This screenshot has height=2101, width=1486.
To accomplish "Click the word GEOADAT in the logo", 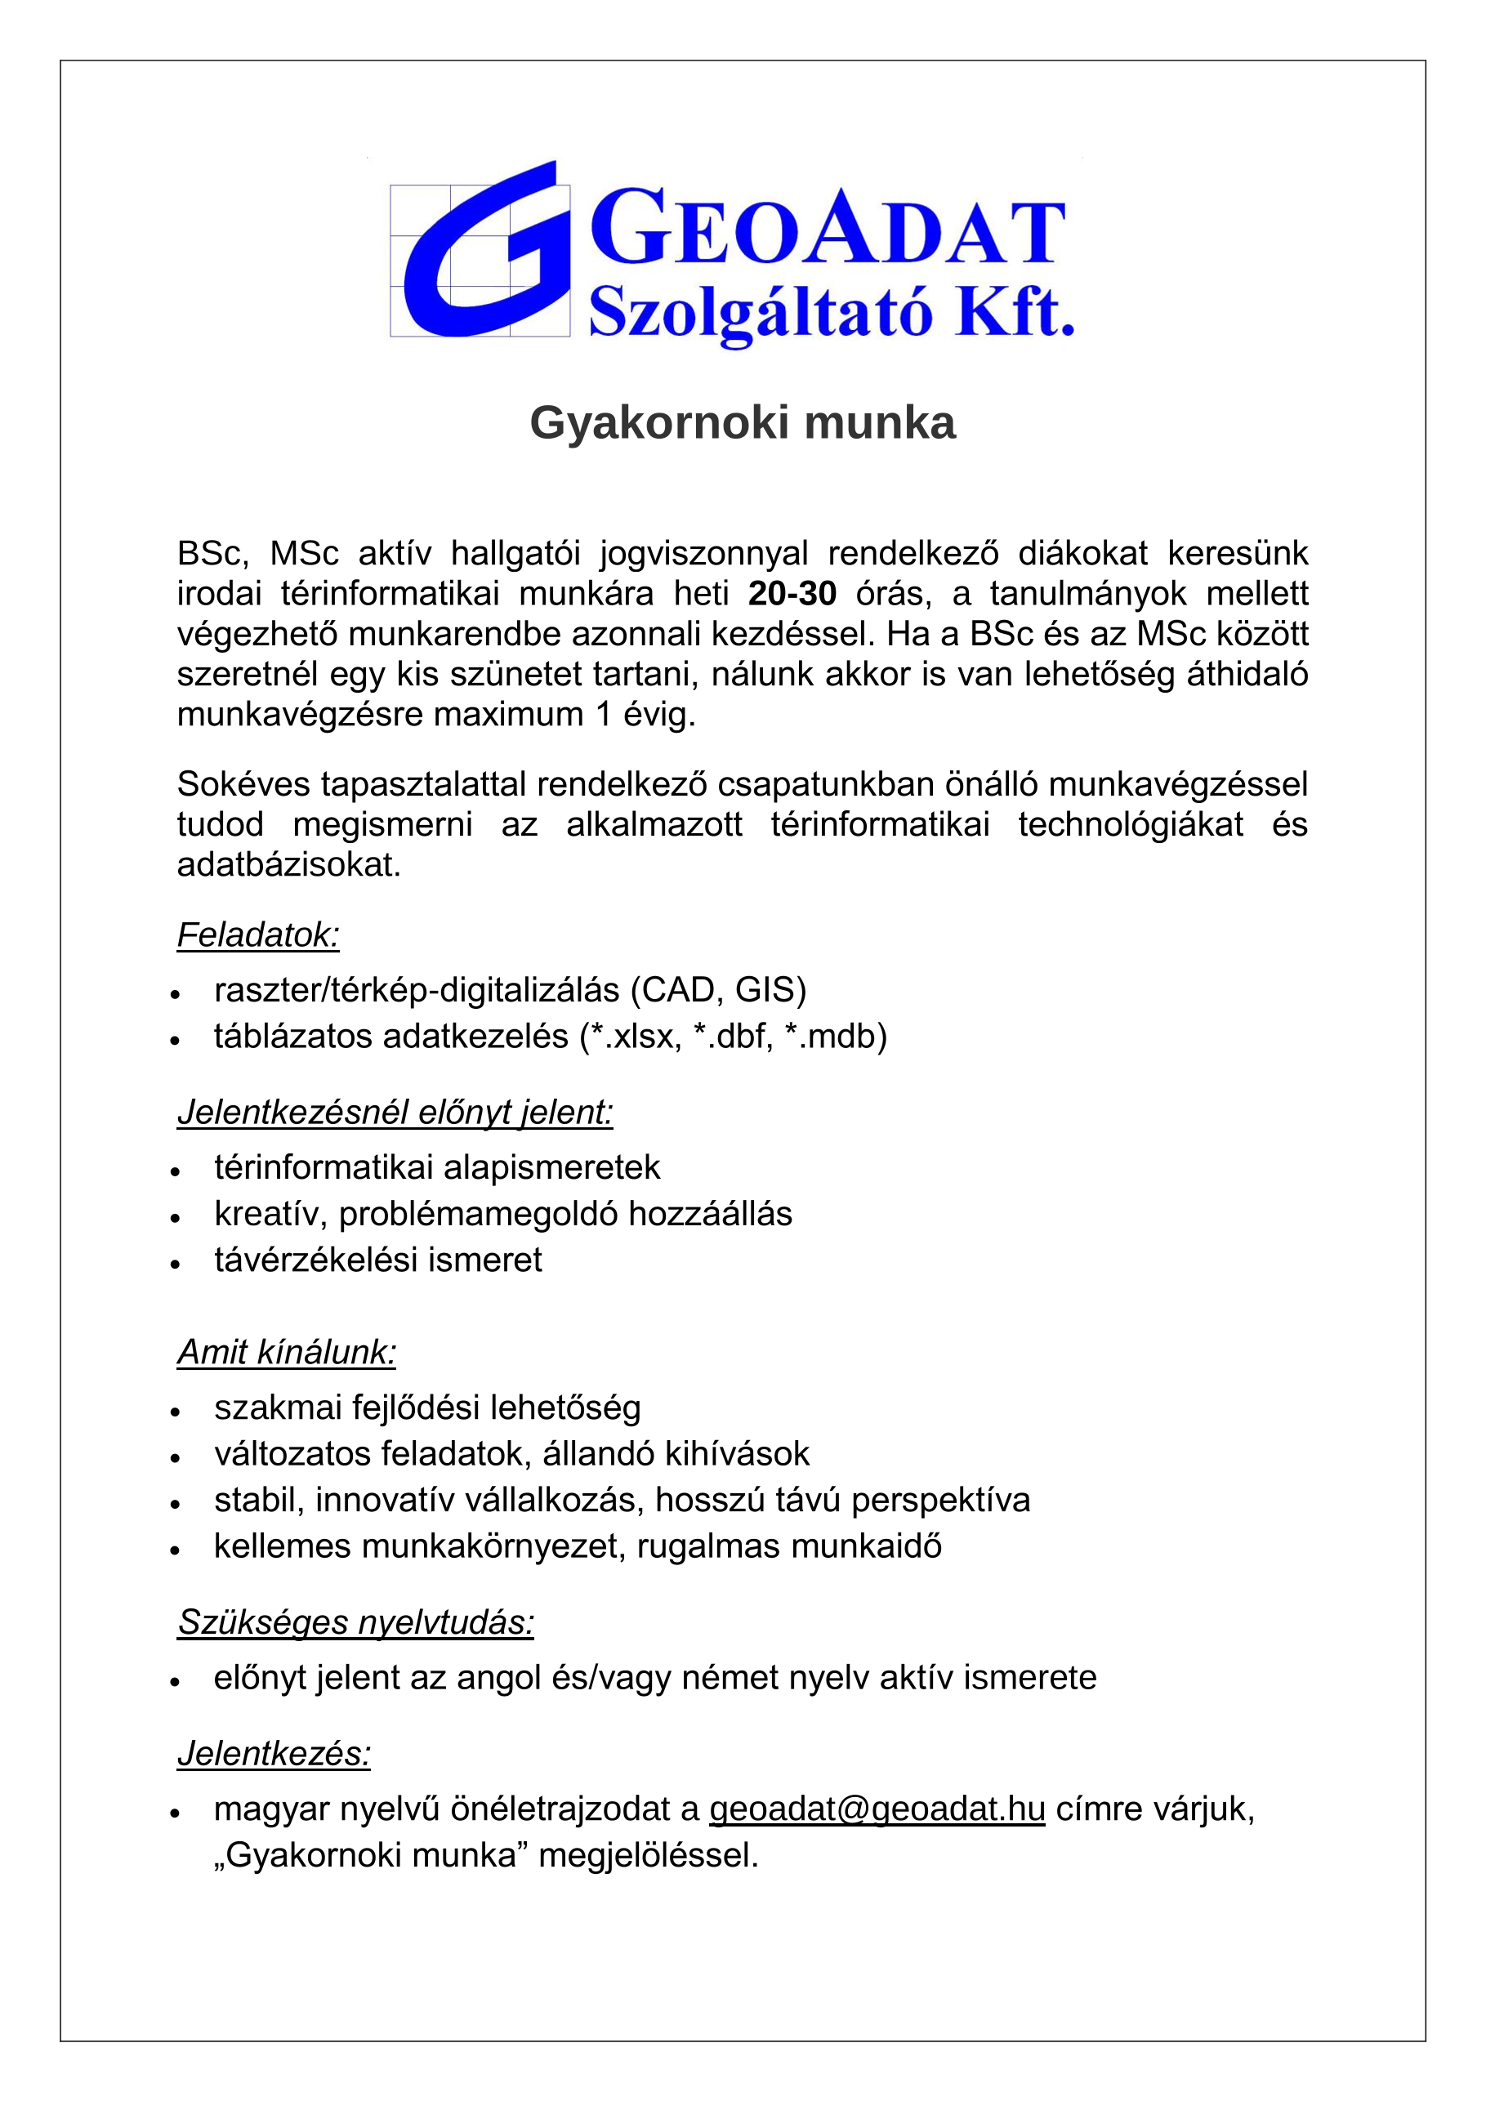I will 828,229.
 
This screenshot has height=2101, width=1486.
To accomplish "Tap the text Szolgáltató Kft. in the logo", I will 831,313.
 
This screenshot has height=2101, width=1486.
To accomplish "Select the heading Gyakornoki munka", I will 742,423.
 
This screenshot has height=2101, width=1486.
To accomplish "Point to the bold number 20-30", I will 792,594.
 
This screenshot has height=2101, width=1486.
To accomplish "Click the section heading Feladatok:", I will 258,935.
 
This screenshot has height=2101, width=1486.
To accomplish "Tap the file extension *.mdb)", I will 837,1037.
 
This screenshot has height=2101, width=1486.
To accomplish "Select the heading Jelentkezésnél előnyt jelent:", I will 395,1112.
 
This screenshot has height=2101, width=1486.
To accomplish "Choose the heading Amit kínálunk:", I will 287,1353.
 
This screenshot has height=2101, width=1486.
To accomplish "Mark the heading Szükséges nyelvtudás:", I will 355,1622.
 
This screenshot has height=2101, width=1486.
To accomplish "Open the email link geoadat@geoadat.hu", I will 877,1809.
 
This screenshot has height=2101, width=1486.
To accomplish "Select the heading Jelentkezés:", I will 274,1753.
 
